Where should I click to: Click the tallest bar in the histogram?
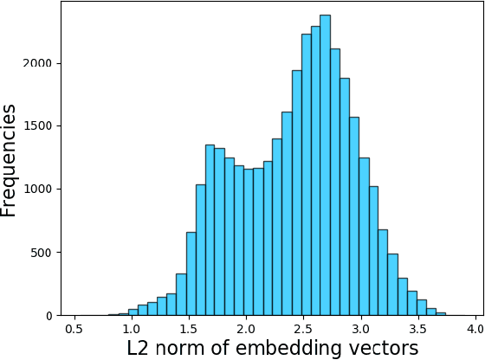click(x=325, y=164)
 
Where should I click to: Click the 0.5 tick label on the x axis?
click(x=74, y=330)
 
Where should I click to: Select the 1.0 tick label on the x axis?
click(x=131, y=330)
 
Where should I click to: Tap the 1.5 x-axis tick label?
click(x=189, y=330)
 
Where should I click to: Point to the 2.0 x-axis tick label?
click(x=246, y=330)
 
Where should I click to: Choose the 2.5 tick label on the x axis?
click(x=303, y=330)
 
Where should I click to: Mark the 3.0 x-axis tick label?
click(x=360, y=330)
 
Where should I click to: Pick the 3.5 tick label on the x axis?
click(x=418, y=330)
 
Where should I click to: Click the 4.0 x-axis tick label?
click(x=475, y=330)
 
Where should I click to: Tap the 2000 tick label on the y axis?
click(x=39, y=63)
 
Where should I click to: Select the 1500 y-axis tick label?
click(x=39, y=126)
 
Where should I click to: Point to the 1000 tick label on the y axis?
click(x=39, y=190)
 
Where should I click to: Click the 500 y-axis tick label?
click(x=42, y=253)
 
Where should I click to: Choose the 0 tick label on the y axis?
click(x=49, y=316)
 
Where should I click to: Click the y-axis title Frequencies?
click(x=10, y=160)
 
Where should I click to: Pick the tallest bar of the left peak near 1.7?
click(x=210, y=229)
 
